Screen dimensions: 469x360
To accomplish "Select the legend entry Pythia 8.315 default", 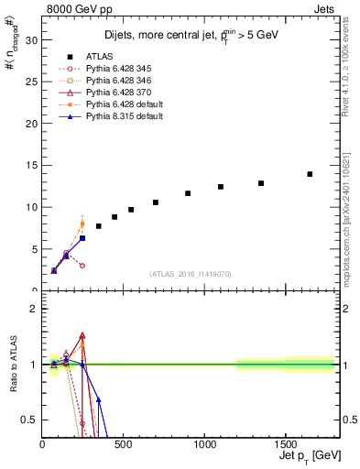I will pos(124,117).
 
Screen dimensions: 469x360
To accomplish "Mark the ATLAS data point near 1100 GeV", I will pos(221,187).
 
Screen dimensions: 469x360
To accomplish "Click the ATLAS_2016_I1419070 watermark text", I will pos(191,273).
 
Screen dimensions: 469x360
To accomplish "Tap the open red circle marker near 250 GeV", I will pos(82,266).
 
